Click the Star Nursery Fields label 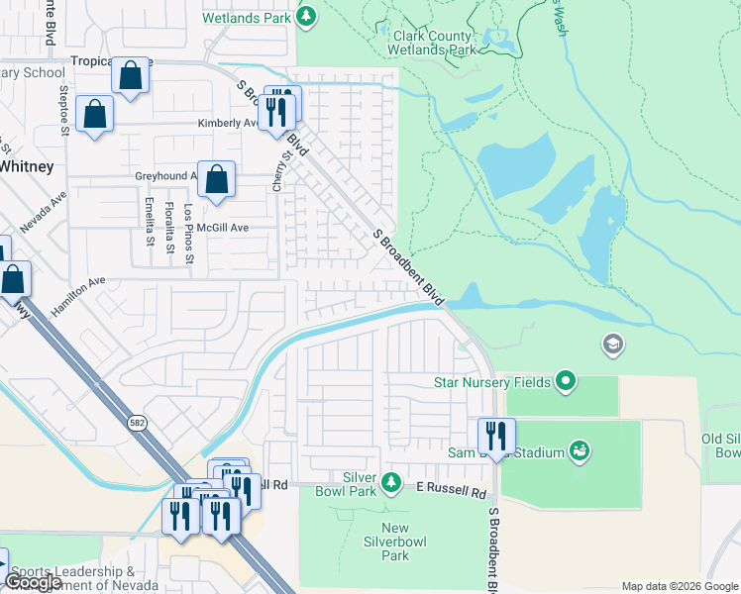pyautogui.click(x=490, y=381)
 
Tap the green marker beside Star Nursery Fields pyautogui.click(x=566, y=380)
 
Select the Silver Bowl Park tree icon pyautogui.click(x=392, y=481)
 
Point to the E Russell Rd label pyautogui.click(x=452, y=492)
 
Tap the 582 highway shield pyautogui.click(x=135, y=423)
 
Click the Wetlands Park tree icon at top pyautogui.click(x=307, y=16)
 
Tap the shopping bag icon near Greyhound pyautogui.click(x=216, y=180)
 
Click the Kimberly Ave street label pyautogui.click(x=227, y=124)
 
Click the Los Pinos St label pyautogui.click(x=189, y=227)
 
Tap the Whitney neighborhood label pyautogui.click(x=26, y=166)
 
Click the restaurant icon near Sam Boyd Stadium pyautogui.click(x=496, y=436)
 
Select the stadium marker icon pyautogui.click(x=581, y=452)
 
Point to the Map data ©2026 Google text pyautogui.click(x=680, y=586)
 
